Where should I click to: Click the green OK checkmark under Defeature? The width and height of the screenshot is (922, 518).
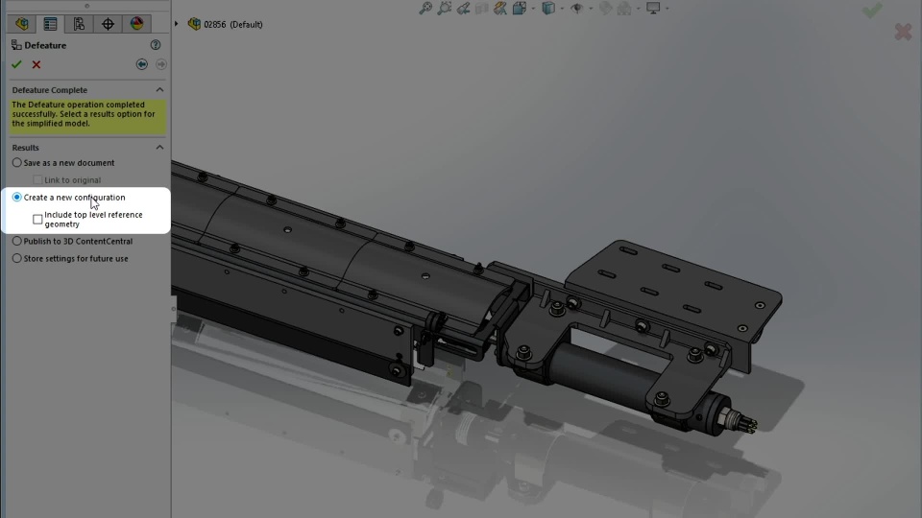16,64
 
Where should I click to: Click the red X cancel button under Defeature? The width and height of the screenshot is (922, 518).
36,64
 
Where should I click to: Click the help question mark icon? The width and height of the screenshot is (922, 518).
156,45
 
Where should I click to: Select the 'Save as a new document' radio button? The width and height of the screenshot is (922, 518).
17,163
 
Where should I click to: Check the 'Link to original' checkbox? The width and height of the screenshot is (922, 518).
37,179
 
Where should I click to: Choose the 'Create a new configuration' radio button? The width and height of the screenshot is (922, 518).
17,198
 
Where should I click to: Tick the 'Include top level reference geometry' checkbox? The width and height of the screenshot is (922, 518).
37,219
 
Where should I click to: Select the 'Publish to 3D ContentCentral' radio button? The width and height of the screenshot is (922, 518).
17,241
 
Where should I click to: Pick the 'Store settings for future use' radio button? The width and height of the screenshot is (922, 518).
17,258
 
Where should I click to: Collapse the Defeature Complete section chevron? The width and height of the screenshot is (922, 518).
159,90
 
